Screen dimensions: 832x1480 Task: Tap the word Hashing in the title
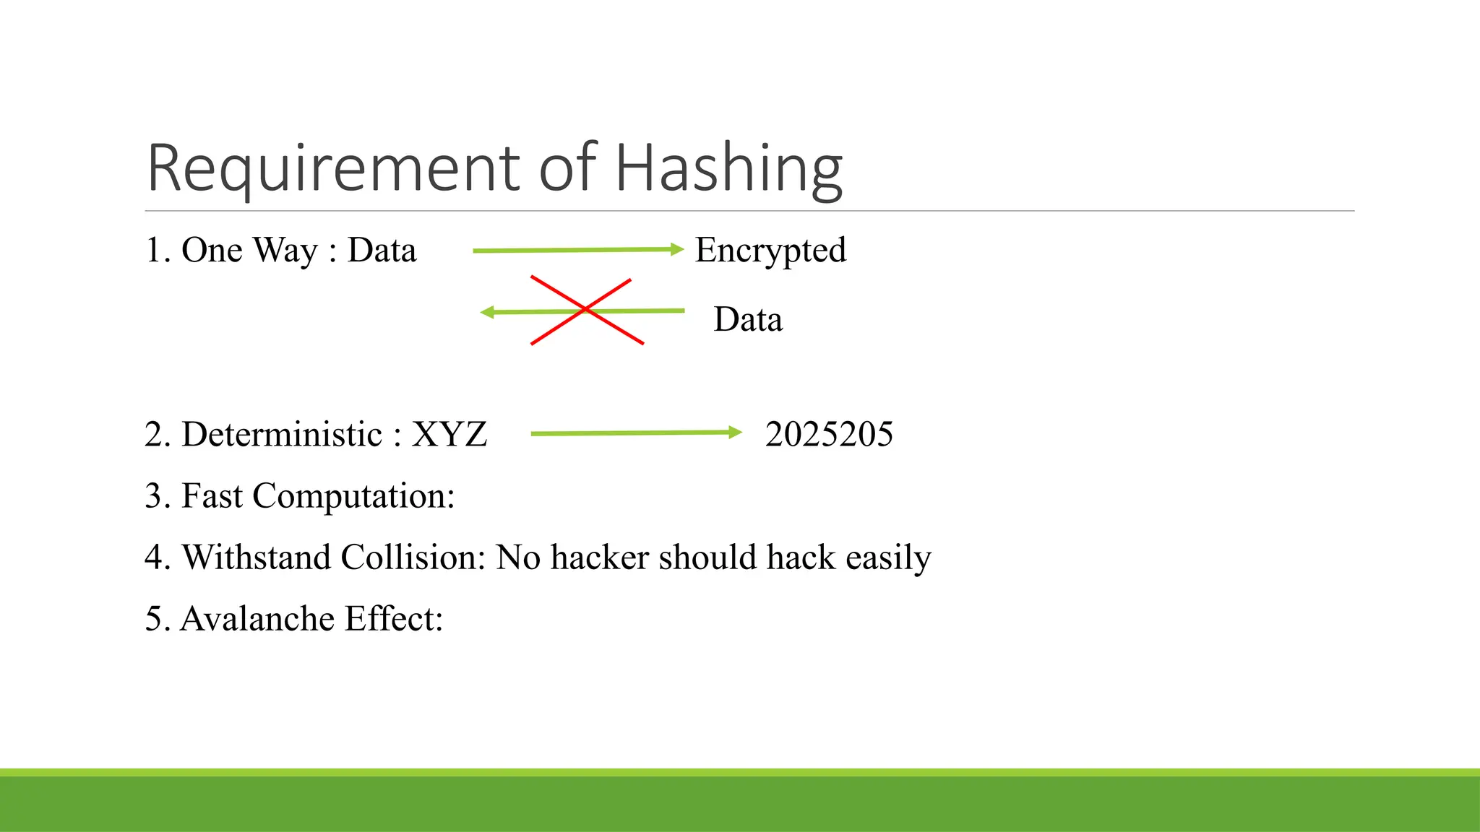point(728,169)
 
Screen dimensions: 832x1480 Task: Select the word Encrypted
point(770,251)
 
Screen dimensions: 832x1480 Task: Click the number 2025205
point(829,434)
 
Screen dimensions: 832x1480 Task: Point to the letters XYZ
point(449,434)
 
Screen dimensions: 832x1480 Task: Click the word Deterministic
point(282,434)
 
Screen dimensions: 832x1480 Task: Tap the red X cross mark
point(586,310)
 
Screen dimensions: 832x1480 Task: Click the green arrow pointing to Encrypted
point(577,250)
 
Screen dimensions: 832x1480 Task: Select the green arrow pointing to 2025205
point(636,433)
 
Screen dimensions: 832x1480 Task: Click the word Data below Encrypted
point(748,319)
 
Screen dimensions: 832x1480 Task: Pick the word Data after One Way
point(382,251)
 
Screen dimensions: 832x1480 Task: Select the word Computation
point(353,496)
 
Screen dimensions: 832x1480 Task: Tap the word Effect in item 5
point(394,619)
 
